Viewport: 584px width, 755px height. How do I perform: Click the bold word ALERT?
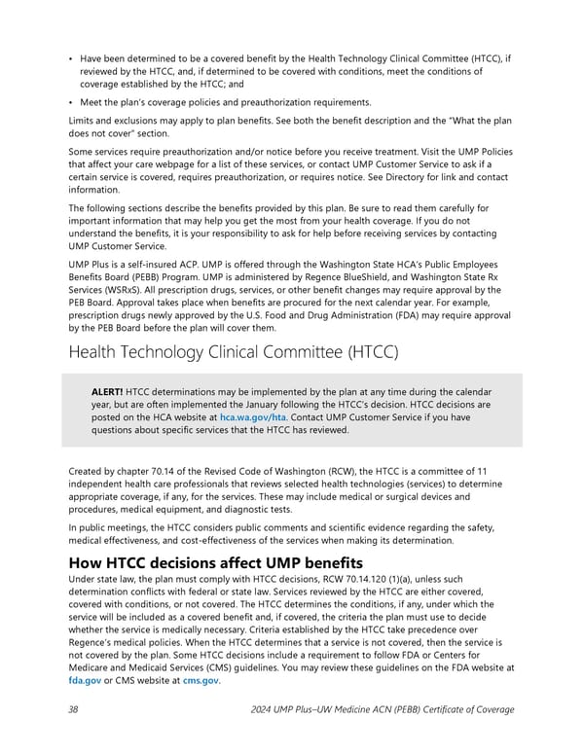[107, 392]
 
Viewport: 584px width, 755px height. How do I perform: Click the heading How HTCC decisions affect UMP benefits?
[216, 563]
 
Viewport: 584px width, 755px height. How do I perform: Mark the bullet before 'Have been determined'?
[72, 58]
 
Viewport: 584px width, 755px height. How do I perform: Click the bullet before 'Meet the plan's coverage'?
[72, 102]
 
